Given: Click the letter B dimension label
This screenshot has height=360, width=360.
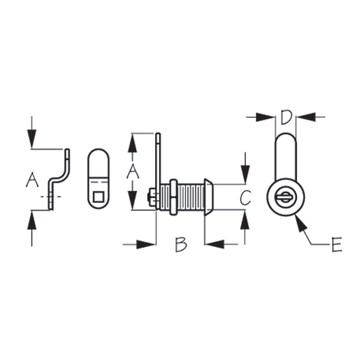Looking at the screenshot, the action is point(181,244).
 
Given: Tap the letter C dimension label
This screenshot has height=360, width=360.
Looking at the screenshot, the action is point(245,198).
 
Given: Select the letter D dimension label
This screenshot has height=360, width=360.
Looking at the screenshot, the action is point(286,117).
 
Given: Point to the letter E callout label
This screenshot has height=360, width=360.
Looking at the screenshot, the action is point(337,244).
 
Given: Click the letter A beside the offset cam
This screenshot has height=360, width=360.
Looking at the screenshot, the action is point(32,180).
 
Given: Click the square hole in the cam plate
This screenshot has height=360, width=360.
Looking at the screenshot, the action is point(98,197).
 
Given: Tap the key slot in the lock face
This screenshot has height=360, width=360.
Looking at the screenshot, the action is point(286,197).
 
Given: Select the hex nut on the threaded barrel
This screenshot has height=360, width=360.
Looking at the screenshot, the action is point(173,197).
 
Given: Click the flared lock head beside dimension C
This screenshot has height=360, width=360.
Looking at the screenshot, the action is point(208,197).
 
